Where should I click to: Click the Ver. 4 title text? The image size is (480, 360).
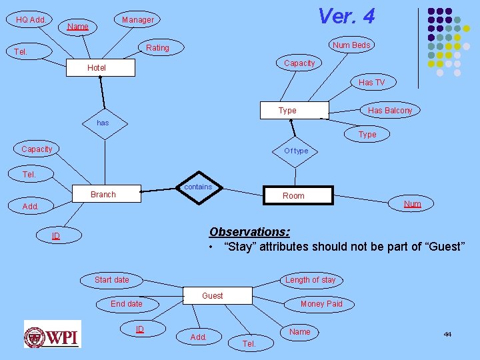pos(346,16)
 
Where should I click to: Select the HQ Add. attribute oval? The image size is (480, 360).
pos(31,20)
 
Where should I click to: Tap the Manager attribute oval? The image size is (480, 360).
pos(137,20)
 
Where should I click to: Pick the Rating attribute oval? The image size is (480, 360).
pos(157,48)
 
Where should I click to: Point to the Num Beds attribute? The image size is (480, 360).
pos(351,45)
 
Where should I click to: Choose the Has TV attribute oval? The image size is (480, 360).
pos(371,83)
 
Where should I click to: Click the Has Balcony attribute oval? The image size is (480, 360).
pos(390,111)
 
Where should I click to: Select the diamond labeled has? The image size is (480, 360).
pos(103,123)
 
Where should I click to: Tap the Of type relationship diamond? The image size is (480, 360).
pos(296,151)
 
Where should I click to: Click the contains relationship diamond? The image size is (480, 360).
pos(198,187)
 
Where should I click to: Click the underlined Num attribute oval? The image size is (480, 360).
pos(413,204)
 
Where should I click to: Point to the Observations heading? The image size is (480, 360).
pos(249,232)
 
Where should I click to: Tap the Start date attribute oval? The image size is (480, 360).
pos(112,280)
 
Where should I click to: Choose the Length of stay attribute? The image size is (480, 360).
pos(311,280)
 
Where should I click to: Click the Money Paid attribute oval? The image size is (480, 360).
pos(321,304)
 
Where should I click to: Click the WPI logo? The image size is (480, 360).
pos(52,334)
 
